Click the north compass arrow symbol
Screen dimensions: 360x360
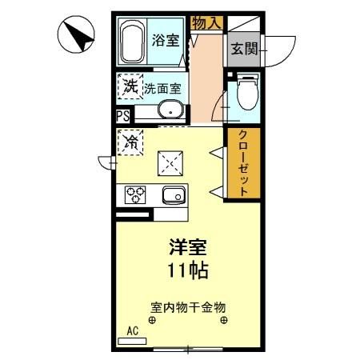pyautogui.click(x=76, y=35)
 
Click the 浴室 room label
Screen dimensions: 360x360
pyautogui.click(x=166, y=40)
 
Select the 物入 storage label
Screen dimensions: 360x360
pyautogui.click(x=206, y=22)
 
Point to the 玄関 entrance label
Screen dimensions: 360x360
pyautogui.click(x=243, y=47)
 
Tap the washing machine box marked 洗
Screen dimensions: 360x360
pyautogui.click(x=129, y=86)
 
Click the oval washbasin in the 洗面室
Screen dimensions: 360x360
pyautogui.click(x=169, y=110)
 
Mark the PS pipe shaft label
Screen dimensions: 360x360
pyautogui.click(x=122, y=115)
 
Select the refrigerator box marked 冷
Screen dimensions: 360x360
pyautogui.click(x=129, y=142)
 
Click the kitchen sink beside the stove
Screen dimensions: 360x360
pyautogui.click(x=173, y=194)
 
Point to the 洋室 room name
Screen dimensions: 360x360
pyautogui.click(x=188, y=247)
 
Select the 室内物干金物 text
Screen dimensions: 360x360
pyautogui.click(x=188, y=306)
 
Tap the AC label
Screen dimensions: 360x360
pyautogui.click(x=133, y=330)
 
